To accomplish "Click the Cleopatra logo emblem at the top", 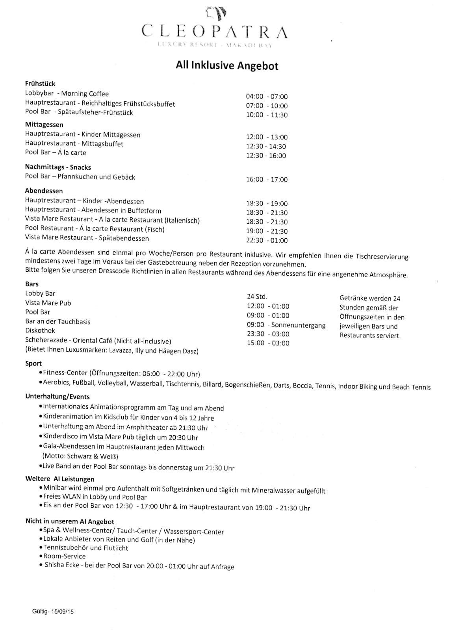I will pyautogui.click(x=215, y=13).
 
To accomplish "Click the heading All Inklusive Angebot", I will pyautogui.click(x=227, y=65).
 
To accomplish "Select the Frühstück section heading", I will pyautogui.click(x=40, y=83).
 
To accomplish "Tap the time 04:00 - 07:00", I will pyautogui.click(x=267, y=96).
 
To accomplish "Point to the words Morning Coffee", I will pyautogui.click(x=85, y=94).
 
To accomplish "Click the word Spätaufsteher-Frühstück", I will pyautogui.click(x=95, y=112).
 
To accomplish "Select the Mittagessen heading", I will pyautogui.click(x=44, y=125).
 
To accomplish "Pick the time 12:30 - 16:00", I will pyautogui.click(x=266, y=156).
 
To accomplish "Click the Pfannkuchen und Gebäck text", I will pyautogui.click(x=97, y=177).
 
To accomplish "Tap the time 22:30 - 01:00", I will pyautogui.click(x=267, y=241).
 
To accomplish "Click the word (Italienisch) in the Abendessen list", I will pyautogui.click(x=182, y=220).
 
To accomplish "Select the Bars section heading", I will pyautogui.click(x=32, y=284).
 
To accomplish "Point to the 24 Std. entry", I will pyautogui.click(x=257, y=297).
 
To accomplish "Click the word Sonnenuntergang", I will pyautogui.click(x=298, y=325).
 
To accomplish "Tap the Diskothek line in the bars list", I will pyautogui.click(x=40, y=330).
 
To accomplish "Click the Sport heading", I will pyautogui.click(x=33, y=364).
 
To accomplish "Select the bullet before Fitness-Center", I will pyautogui.click(x=41, y=373).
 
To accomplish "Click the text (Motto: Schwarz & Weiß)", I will pyautogui.click(x=80, y=456).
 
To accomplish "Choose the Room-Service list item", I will pyautogui.click(x=64, y=556).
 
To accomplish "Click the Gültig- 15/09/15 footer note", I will pyautogui.click(x=53, y=612).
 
